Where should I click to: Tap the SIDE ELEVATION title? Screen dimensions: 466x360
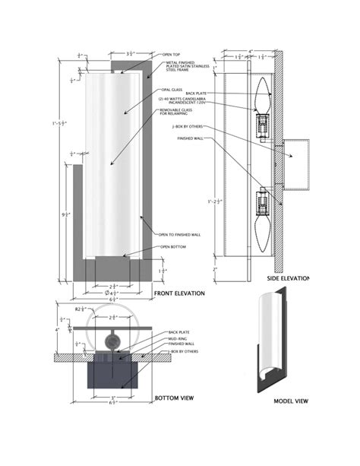(288, 278)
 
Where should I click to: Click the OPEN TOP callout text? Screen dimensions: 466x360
(172, 55)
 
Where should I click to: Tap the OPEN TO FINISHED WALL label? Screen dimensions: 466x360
(181, 233)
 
